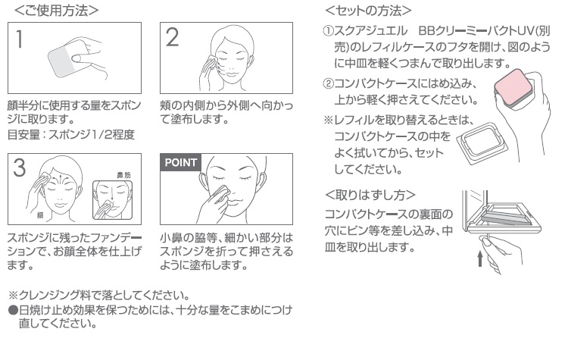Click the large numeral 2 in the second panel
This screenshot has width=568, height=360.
pos(172,37)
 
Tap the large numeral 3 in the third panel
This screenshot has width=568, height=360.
pos(20,167)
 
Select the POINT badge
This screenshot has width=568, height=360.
pos(180,162)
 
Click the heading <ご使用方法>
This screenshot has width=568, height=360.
pos(56,10)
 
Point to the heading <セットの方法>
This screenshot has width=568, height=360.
pos(368,11)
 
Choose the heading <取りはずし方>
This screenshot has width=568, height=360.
pos(370,195)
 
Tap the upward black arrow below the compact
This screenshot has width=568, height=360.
pos(480,259)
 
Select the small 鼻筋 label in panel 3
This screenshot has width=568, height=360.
pos(123,175)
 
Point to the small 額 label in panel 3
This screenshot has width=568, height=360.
pos(40,215)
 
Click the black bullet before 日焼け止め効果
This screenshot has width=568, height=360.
pos(13,311)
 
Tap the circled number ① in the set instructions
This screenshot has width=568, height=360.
pos(328,31)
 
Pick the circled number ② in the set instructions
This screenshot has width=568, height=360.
pos(328,83)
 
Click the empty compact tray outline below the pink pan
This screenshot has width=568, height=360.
pos(482,142)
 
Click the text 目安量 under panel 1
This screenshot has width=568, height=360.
pos(23,134)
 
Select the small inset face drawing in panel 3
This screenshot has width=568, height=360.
pos(113,200)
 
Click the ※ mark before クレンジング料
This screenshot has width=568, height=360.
pos(13,296)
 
